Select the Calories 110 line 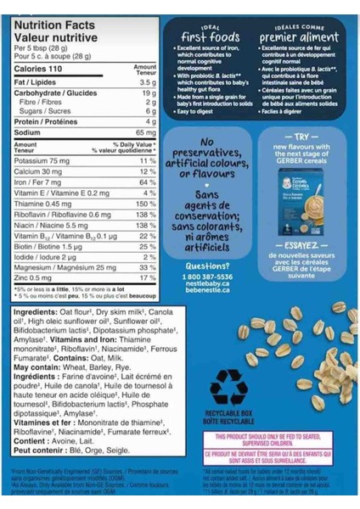click(x=35, y=69)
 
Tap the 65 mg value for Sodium click(x=145, y=133)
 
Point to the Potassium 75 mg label click(x=42, y=160)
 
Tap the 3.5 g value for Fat click(x=147, y=82)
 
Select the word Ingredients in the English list click(x=35, y=313)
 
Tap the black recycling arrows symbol click(x=228, y=386)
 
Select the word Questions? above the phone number click(x=205, y=266)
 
